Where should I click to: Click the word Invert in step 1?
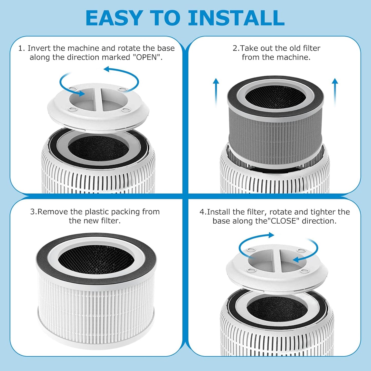[38, 48]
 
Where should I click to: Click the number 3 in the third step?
[32, 212]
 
